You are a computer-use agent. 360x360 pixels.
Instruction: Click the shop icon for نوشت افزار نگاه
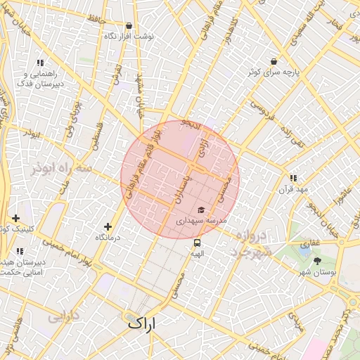coord(129,26)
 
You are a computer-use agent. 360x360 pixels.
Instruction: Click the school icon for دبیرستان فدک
coord(40,63)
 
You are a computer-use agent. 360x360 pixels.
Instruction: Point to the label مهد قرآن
coord(293,189)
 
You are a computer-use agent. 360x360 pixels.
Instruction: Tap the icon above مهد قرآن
coord(293,179)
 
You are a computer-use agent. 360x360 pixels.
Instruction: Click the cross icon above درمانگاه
coord(108,226)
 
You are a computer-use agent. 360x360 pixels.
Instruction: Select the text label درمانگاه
coord(108,238)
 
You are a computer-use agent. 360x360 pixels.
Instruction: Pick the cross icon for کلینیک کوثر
coord(15,218)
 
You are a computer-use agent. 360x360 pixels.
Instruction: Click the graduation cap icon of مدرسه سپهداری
coord(202,210)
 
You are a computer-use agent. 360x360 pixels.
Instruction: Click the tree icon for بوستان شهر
coord(317,261)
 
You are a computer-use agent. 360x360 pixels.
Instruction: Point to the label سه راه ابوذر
coord(62,169)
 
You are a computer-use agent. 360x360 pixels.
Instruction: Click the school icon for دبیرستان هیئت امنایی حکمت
coord(19,250)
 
